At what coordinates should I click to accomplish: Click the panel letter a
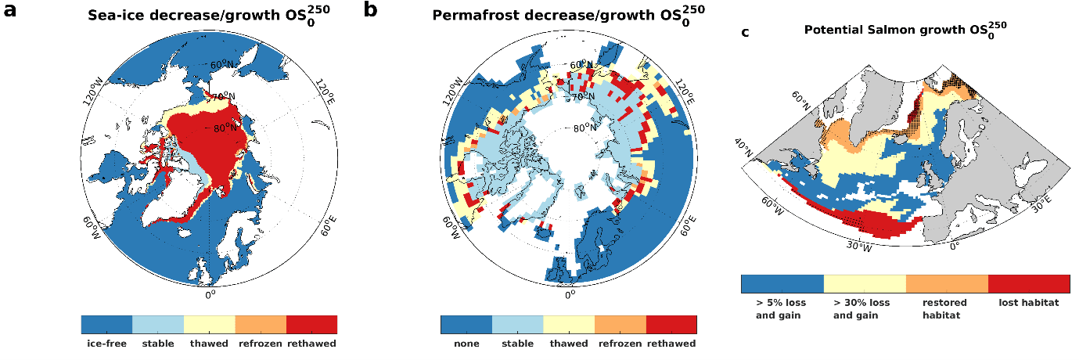tap(13, 11)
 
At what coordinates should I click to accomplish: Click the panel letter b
tap(372, 10)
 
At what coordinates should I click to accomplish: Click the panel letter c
tap(745, 32)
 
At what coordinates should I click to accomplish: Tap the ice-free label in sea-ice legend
tap(106, 344)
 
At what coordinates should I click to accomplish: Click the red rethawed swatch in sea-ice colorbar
tap(311, 324)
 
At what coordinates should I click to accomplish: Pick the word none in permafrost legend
tap(466, 344)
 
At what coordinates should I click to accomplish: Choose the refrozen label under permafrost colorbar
tap(620, 344)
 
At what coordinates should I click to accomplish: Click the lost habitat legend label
tap(1027, 303)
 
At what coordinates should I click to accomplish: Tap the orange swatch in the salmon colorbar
tap(947, 283)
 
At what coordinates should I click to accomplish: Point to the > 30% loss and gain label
tap(861, 309)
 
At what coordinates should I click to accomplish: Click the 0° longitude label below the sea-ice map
tap(210, 295)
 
